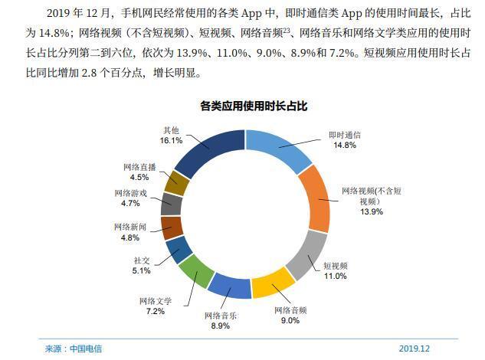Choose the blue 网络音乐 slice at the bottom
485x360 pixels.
tap(230, 286)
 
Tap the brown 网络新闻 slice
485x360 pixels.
tap(172, 227)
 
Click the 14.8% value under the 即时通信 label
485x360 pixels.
tap(344, 146)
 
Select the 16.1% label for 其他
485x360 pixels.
tap(171, 141)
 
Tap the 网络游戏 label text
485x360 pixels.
tap(130, 194)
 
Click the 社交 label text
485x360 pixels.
tap(141, 260)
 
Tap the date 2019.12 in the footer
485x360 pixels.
tap(414, 349)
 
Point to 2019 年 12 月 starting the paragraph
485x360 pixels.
tap(74, 13)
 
